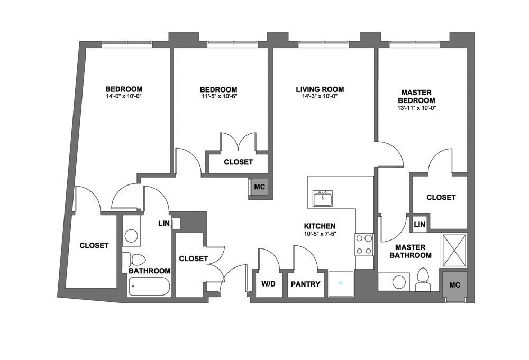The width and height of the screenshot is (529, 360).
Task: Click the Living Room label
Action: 320,89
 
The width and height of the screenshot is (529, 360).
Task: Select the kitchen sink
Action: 323,198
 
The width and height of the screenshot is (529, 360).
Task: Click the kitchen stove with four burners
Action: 364,244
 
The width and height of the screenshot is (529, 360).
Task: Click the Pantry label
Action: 306,284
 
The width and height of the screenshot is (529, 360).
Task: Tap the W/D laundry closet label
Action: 268,284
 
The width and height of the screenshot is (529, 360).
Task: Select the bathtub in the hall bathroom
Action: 150,287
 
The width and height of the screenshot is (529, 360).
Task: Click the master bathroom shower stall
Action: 454,250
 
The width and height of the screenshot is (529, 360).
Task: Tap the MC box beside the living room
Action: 259,187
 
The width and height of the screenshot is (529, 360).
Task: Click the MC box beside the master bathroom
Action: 454,284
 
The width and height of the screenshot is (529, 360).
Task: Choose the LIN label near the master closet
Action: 419,225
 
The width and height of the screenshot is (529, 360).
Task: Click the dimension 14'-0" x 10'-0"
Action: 124,96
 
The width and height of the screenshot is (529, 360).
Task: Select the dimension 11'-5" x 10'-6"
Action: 218,97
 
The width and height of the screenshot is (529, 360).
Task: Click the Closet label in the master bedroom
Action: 441,197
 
